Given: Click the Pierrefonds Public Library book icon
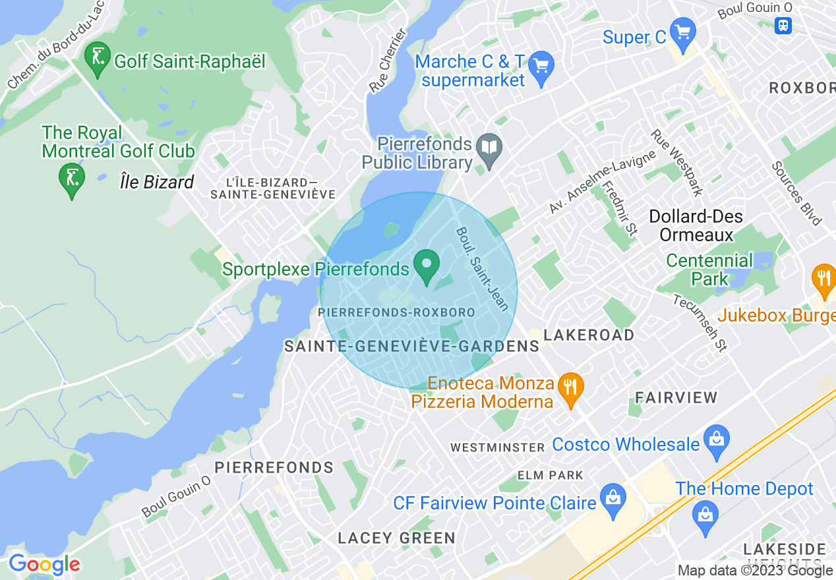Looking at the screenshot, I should (489, 151).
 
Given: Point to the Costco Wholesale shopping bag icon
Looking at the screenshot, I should (715, 439).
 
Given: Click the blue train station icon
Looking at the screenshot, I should (783, 25).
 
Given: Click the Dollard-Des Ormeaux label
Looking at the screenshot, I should (696, 225).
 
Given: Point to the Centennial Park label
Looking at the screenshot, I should (709, 270).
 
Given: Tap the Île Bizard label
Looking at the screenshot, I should (157, 182).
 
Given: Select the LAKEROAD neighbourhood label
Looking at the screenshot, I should (589, 335).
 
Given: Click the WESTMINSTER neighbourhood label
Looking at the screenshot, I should (498, 448).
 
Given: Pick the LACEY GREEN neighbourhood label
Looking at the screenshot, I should (396, 538).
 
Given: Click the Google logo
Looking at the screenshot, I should (44, 565).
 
